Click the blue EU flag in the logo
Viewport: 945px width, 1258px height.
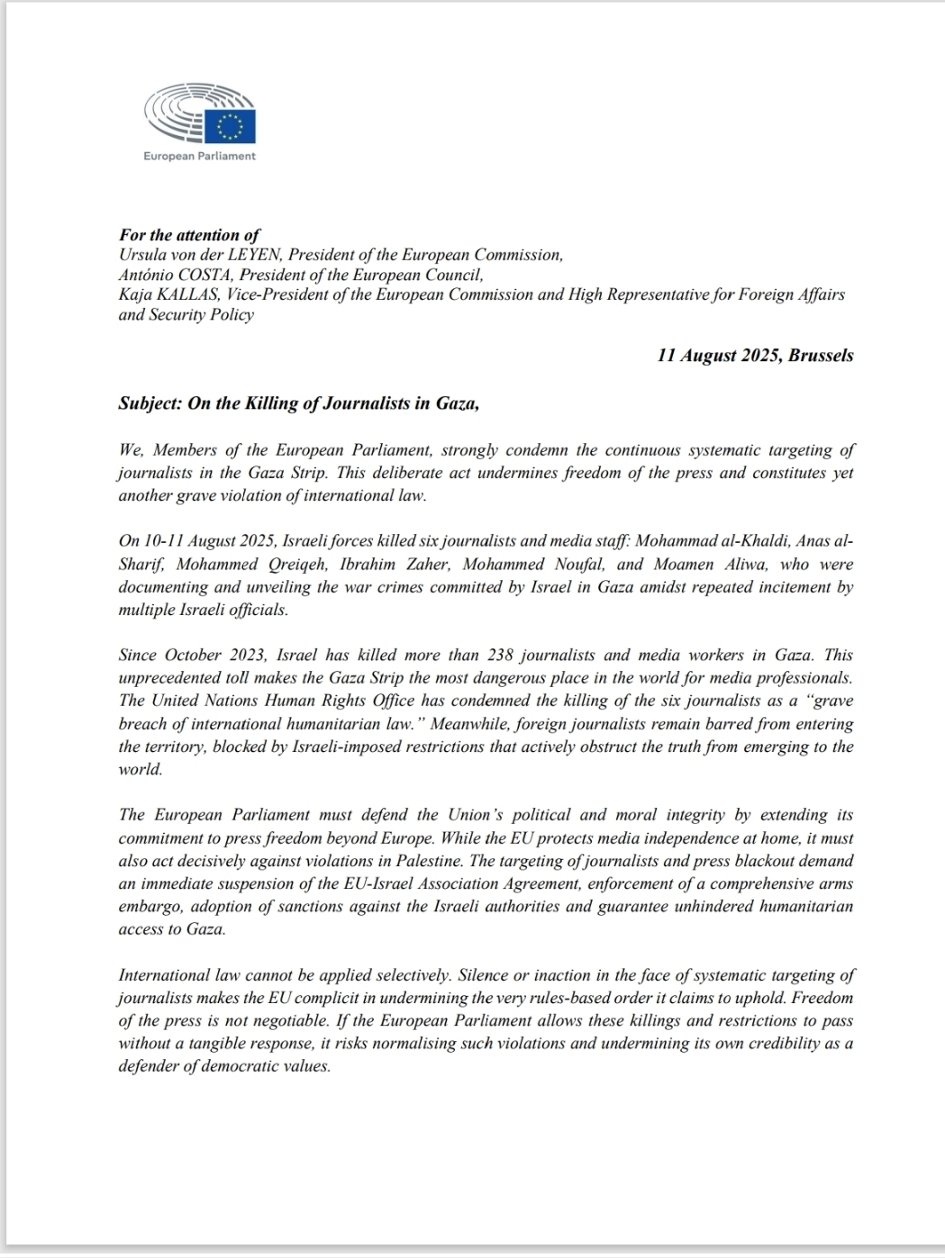230,126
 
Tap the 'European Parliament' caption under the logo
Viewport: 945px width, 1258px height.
199,156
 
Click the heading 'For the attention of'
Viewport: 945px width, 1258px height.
189,235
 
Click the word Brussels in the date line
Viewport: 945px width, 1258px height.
821,355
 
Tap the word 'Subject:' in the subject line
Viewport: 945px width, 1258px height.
150,403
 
